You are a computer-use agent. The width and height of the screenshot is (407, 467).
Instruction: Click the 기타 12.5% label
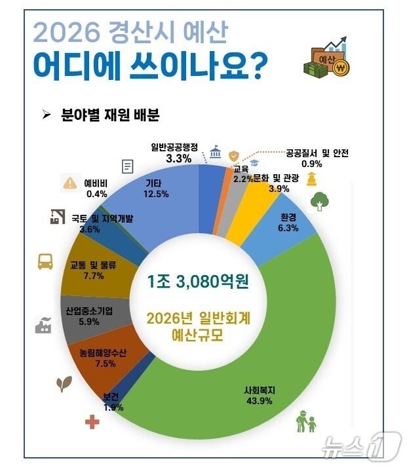point(155,189)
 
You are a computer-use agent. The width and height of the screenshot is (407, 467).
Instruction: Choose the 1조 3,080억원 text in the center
point(203,283)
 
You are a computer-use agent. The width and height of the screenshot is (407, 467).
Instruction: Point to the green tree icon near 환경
point(319,201)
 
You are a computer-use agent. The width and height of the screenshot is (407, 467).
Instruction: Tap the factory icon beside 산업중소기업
point(43,324)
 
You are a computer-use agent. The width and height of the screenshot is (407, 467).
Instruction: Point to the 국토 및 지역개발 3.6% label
point(90,224)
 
